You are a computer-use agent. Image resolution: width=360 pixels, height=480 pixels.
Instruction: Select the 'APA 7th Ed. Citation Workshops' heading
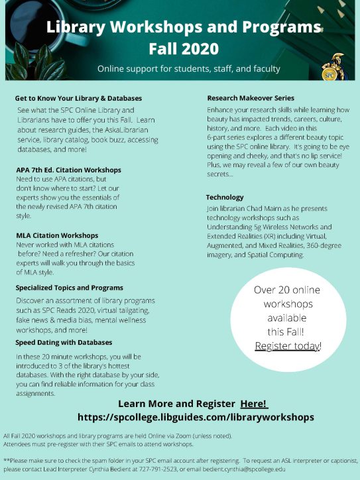pos(68,170)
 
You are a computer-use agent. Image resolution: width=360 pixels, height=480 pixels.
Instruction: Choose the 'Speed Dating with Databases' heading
pos(64,342)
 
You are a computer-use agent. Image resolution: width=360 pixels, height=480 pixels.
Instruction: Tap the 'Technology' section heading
pos(225,198)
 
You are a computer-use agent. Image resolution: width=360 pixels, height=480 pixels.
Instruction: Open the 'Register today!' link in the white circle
pos(288,346)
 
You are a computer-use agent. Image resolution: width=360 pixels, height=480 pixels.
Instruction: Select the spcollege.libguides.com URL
pos(196,418)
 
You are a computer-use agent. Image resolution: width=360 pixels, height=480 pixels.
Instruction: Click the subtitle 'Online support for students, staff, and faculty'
pos(189,69)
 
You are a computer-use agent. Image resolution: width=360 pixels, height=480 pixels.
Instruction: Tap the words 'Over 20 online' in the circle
pos(288,290)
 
